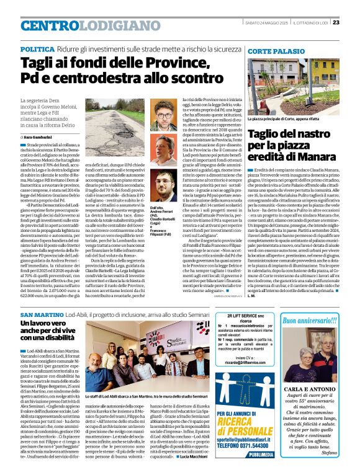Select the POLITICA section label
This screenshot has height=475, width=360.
coord(37,48)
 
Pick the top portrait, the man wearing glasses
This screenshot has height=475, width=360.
coord(164,118)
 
